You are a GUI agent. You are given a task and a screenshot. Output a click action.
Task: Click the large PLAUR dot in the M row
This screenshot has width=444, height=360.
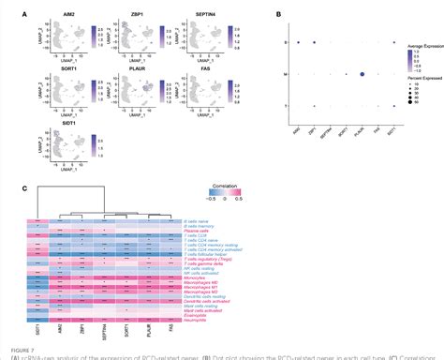361,74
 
